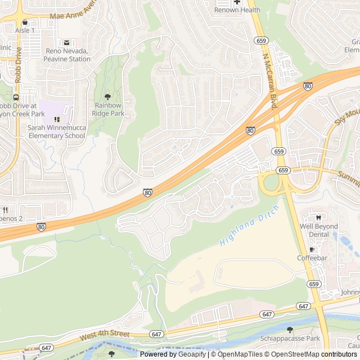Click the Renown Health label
[x=237, y=10]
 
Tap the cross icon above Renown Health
[x=237, y=2]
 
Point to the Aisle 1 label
[x=25, y=30]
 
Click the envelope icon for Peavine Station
[x=67, y=43]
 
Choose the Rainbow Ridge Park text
[x=109, y=109]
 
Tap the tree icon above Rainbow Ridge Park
[x=108, y=97]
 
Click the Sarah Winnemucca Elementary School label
[x=57, y=132]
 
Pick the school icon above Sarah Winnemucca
[x=56, y=119]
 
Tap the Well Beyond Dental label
[x=318, y=230]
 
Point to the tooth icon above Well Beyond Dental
[x=318, y=218]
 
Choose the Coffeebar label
[x=312, y=258]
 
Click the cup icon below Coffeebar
[x=312, y=249]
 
